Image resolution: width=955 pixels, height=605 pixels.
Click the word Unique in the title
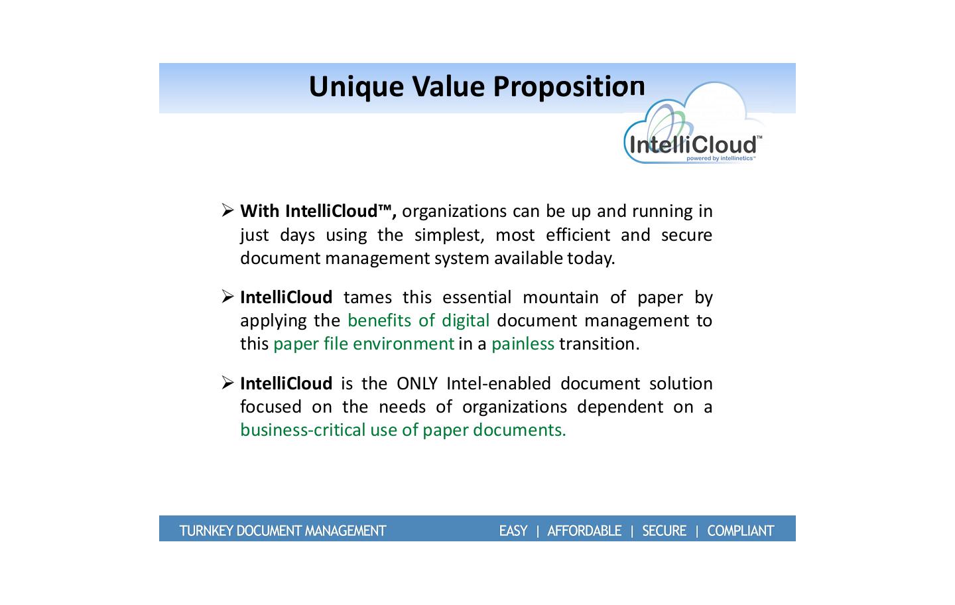356,88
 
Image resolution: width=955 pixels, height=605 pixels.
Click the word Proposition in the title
569,88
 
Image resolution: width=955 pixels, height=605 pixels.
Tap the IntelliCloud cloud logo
693,123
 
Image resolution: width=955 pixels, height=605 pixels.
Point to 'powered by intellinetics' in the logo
721,159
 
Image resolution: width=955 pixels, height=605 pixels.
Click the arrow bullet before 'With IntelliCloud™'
227,210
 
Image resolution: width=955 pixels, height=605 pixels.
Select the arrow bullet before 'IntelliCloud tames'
227,297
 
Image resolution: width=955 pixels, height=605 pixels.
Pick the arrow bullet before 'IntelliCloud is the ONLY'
227,383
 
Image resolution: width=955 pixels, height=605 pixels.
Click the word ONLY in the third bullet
417,383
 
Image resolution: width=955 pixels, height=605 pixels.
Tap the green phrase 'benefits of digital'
418,320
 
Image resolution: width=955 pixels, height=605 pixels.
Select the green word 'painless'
523,344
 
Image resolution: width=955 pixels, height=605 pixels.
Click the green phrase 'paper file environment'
363,344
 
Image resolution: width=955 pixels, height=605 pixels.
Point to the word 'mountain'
560,298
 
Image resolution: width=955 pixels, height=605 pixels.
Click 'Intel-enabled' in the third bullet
499,383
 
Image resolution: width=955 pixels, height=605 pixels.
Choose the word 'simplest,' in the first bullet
450,235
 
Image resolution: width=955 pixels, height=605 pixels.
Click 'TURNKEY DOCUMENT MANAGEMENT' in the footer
283,531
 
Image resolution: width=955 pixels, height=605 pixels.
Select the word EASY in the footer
513,531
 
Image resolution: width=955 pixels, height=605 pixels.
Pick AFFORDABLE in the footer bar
584,531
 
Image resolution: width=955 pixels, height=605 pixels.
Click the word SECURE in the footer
665,531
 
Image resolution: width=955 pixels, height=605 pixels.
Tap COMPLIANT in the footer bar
741,531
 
